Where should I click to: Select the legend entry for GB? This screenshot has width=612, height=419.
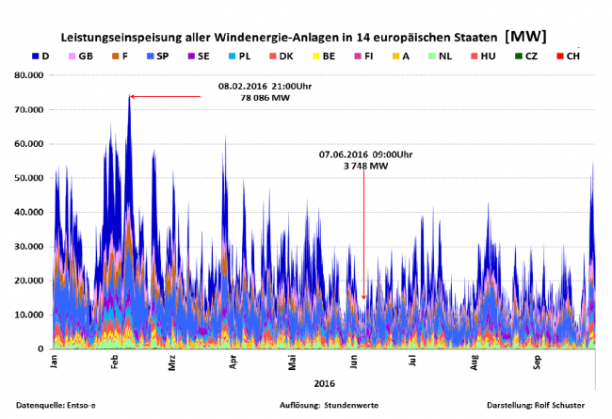[79, 56]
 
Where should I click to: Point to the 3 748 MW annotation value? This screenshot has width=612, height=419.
[365, 166]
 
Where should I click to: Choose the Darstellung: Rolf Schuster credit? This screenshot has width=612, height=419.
[535, 405]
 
